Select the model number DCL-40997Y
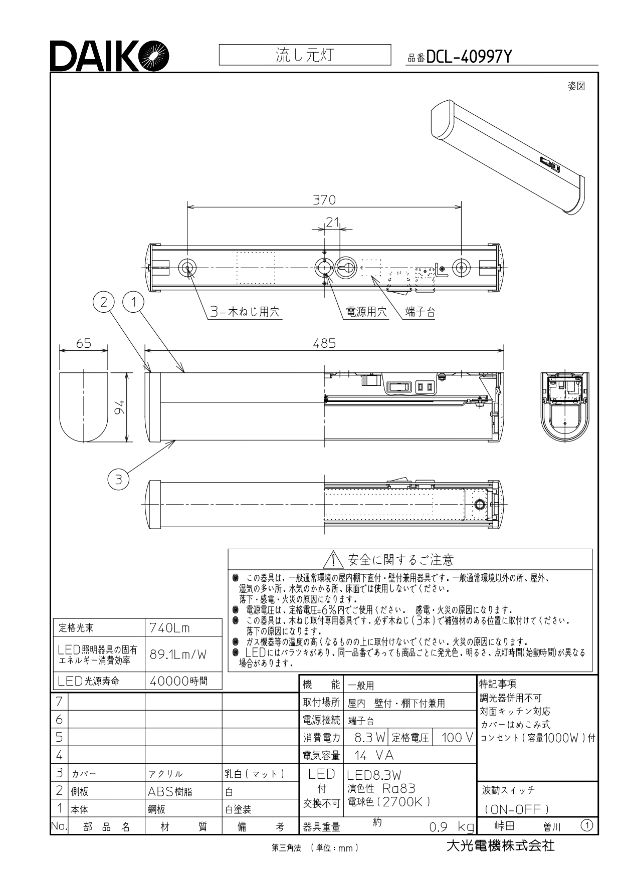pos(469,58)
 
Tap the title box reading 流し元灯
pos(305,55)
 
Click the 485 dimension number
pos(324,343)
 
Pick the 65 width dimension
pos(84,343)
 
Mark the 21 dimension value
pos(332,222)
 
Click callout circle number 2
pos(104,302)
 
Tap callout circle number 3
pos(118,480)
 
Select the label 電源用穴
pos(367,312)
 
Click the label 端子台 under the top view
pos(420,312)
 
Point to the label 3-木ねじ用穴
pos(245,312)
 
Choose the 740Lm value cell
pos(170,628)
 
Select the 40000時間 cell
pos(178,681)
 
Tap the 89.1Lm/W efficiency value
pos(178,654)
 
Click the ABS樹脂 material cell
pos(170,792)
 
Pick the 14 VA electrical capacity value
pos(374,755)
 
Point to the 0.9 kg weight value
pos(451,827)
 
